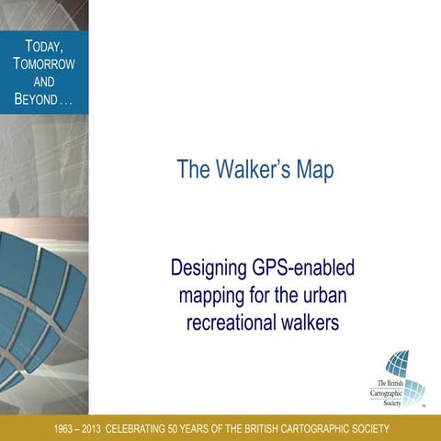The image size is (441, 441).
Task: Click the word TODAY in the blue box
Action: tap(43, 46)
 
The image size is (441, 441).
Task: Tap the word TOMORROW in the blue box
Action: tap(44, 63)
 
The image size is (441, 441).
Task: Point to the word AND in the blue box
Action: tap(44, 81)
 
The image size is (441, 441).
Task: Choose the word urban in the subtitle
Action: tap(329, 296)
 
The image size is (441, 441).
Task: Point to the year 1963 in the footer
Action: tap(66, 429)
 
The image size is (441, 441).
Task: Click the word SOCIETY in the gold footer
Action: tap(367, 429)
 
